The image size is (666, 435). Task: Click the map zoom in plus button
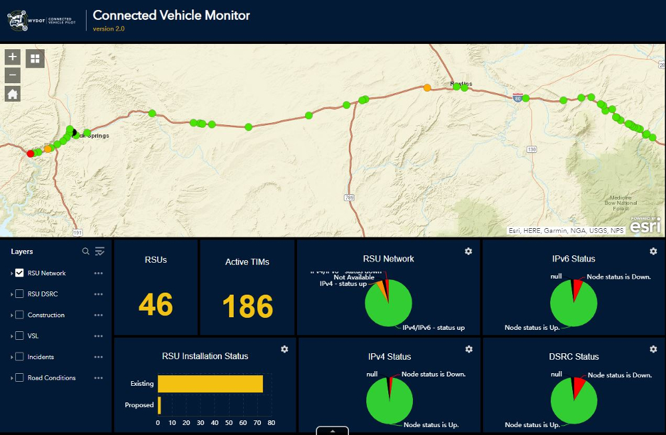click(13, 57)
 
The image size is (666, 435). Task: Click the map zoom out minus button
click(13, 75)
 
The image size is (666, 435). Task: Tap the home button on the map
click(13, 94)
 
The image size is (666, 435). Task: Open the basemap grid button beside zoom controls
click(35, 59)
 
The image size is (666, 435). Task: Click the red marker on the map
click(31, 154)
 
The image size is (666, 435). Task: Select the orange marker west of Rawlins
click(427, 87)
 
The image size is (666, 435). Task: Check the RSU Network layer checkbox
click(19, 273)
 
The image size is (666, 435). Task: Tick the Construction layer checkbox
click(19, 315)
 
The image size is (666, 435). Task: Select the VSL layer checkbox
click(19, 336)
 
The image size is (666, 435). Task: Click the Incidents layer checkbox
click(19, 357)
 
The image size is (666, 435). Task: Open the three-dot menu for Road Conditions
click(99, 378)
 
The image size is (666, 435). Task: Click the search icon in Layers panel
click(85, 251)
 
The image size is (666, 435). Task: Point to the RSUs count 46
click(156, 305)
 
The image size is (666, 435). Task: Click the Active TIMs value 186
click(247, 307)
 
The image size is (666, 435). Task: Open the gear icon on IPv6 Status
click(653, 251)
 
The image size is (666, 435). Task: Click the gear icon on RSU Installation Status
click(284, 349)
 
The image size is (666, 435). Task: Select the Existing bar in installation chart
click(210, 384)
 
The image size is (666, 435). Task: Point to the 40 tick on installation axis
click(214, 422)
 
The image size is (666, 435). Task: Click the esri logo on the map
click(645, 225)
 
